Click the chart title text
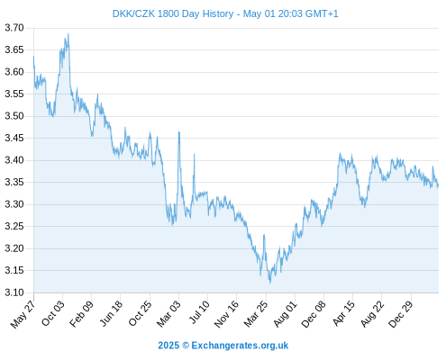225,13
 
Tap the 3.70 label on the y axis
14,28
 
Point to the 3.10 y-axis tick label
14,292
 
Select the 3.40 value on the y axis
14,160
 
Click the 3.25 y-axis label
14,226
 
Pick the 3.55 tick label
14,94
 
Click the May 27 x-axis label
23,314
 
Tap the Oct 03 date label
53,313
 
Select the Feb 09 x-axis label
81,314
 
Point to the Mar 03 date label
168,314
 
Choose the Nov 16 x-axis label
226,314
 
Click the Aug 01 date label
285,314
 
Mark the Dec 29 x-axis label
401,314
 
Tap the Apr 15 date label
343,313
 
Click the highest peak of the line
68,33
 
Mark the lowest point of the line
270,283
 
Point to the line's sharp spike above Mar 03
179,131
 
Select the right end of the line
438,186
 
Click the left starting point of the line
33,56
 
